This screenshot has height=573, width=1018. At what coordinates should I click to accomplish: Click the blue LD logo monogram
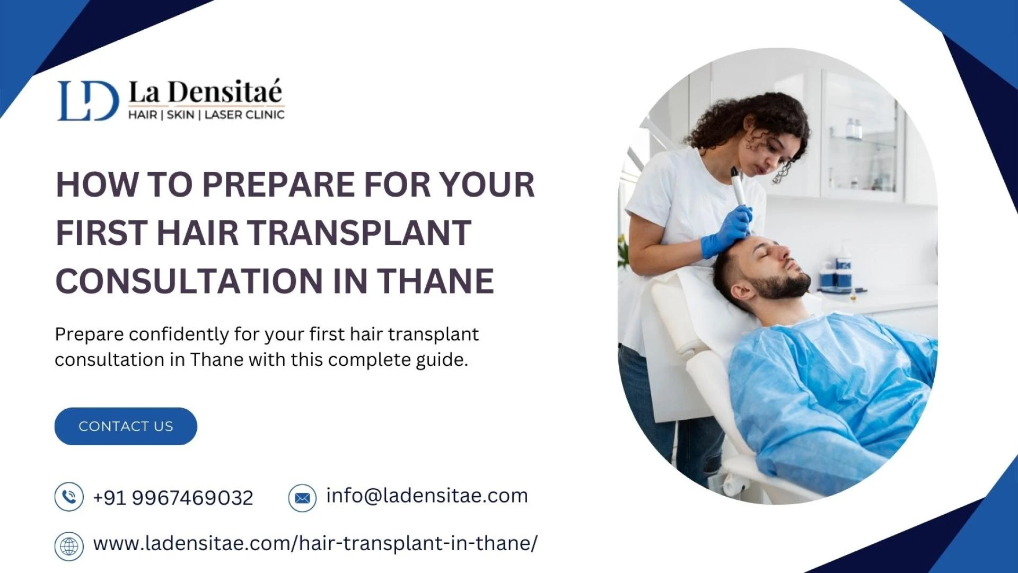(88, 101)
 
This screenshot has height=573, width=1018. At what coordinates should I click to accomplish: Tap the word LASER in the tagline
(223, 114)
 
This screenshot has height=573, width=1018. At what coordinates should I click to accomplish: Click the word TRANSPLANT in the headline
(359, 233)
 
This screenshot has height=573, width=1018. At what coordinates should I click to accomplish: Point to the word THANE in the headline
(436, 281)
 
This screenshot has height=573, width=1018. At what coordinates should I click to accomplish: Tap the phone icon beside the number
(69, 497)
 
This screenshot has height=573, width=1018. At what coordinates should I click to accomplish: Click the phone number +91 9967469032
(173, 498)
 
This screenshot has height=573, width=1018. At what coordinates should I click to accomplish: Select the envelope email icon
(302, 498)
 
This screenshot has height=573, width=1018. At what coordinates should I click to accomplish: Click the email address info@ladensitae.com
(427, 496)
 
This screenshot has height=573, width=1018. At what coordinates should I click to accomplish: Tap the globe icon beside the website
(69, 546)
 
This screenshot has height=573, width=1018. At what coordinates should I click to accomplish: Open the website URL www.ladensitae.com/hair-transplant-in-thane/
(315, 543)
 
